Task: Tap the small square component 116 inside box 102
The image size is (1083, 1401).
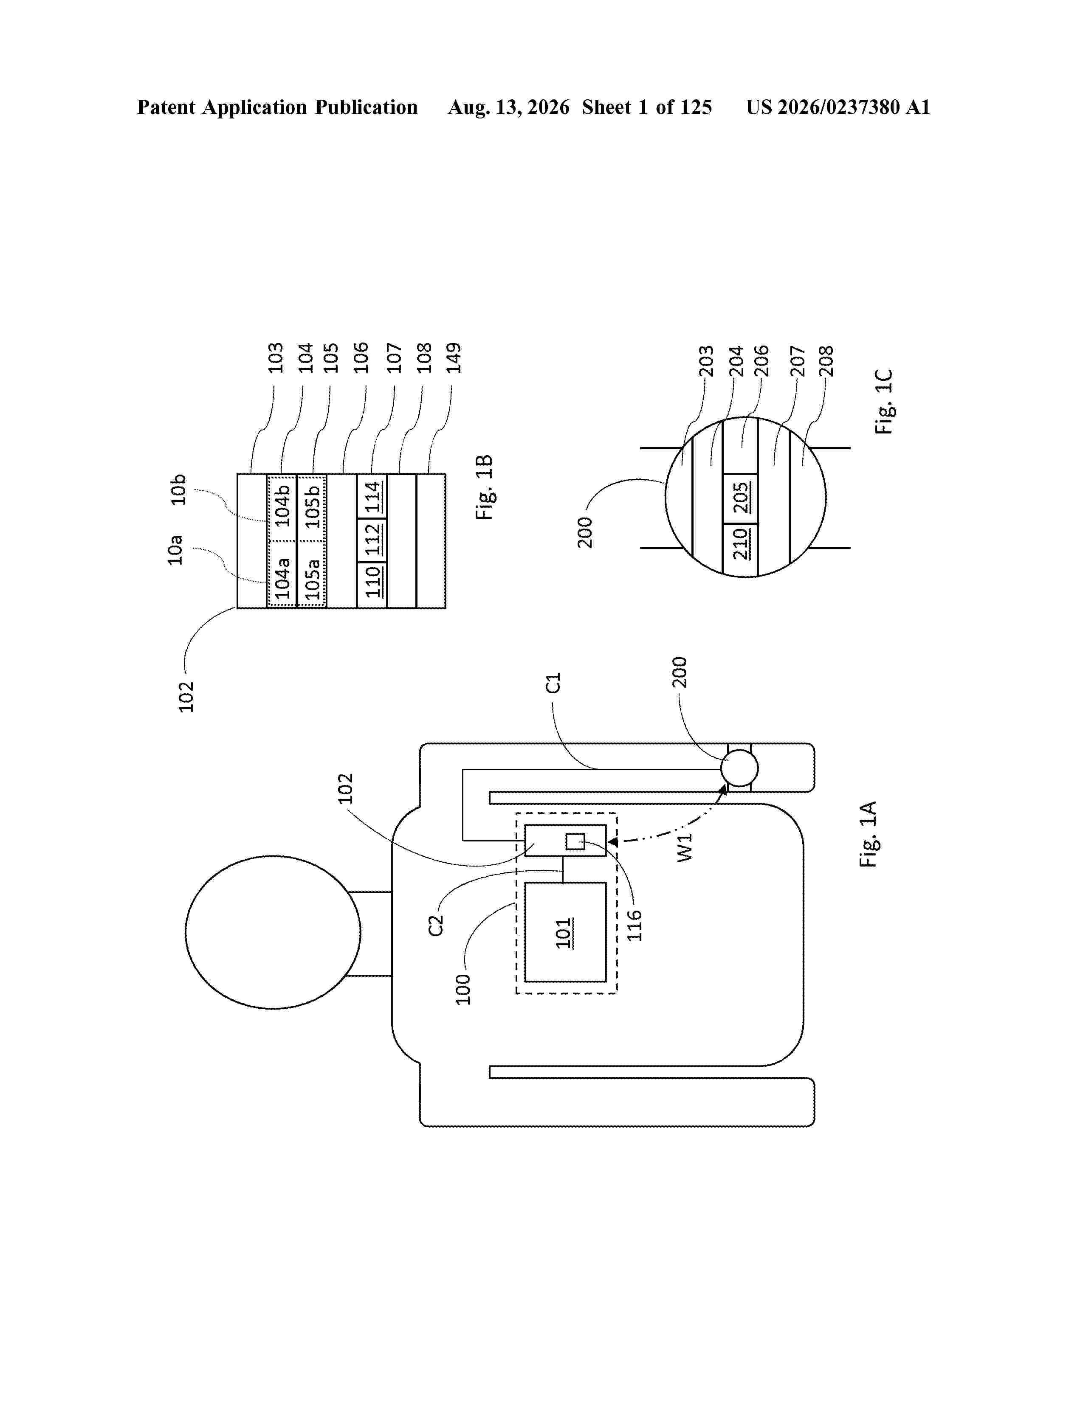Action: (575, 841)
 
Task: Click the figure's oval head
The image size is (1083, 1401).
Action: (273, 932)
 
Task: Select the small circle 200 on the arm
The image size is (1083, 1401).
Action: (739, 768)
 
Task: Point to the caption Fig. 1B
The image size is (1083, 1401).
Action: (485, 487)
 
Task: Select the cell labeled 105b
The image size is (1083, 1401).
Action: (311, 507)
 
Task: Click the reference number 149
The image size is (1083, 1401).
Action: (454, 357)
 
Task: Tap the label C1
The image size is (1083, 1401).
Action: (553, 683)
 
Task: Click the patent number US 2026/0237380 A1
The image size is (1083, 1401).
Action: (838, 107)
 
